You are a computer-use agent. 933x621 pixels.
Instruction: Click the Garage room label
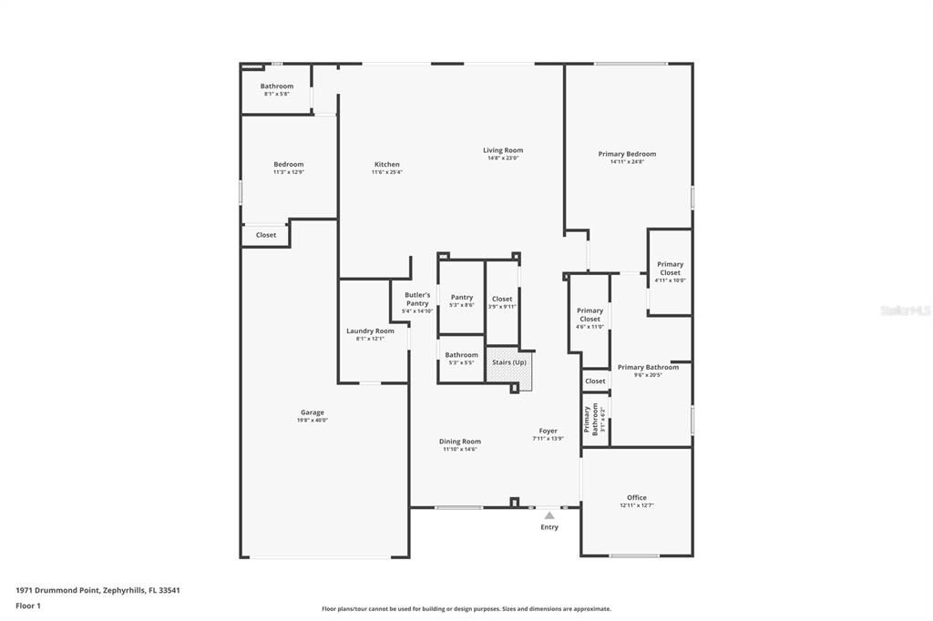tap(313, 412)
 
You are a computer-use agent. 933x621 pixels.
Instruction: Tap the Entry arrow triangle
tap(549, 515)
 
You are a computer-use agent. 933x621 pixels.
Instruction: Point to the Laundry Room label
tap(370, 331)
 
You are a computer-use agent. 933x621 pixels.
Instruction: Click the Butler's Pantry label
tap(417, 300)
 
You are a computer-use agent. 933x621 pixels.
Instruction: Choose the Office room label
tap(637, 497)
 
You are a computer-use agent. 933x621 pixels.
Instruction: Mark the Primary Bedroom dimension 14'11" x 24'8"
tap(627, 162)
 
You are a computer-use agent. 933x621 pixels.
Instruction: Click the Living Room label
tap(503, 150)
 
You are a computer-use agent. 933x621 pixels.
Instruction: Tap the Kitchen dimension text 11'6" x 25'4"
tap(386, 172)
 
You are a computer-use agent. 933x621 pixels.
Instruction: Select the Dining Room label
tap(461, 442)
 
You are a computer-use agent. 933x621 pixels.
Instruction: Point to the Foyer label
tap(549, 431)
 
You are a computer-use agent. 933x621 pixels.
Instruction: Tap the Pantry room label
tap(462, 297)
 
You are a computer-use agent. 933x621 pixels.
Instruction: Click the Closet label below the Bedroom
tap(266, 235)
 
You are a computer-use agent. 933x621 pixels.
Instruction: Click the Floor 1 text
tap(27, 606)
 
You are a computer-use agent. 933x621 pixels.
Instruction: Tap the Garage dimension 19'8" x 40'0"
tap(313, 421)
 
